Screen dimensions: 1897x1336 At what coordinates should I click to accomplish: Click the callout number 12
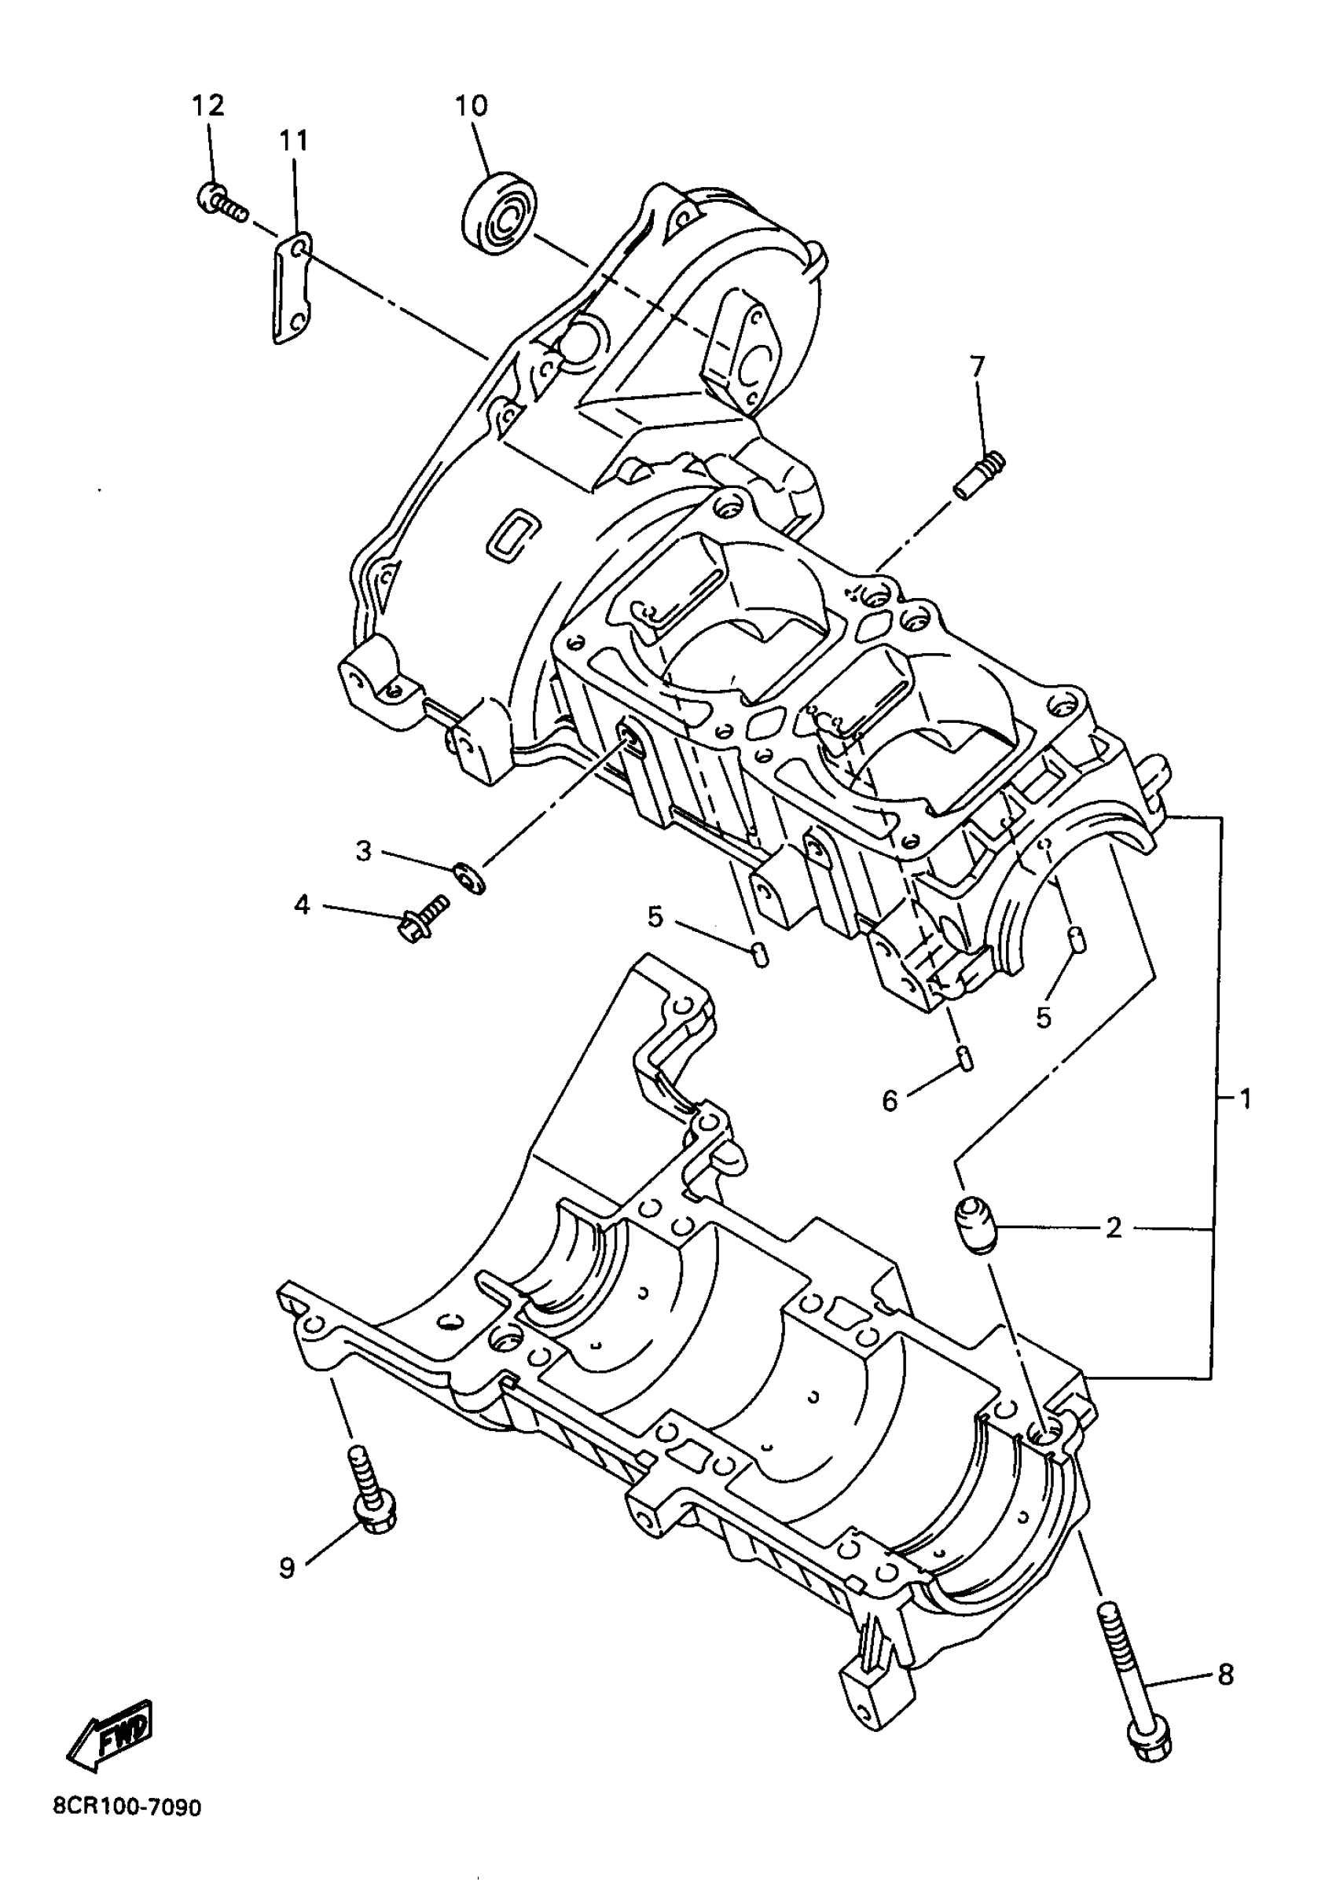208,105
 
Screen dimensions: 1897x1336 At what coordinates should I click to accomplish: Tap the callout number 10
471,105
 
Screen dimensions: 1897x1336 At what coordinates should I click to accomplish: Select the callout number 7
978,365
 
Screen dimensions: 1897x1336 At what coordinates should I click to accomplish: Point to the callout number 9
287,1566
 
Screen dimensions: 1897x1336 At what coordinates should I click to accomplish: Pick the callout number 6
890,1099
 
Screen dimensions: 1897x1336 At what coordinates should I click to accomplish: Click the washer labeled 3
469,875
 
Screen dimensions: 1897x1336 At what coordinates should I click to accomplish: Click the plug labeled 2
976,1226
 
